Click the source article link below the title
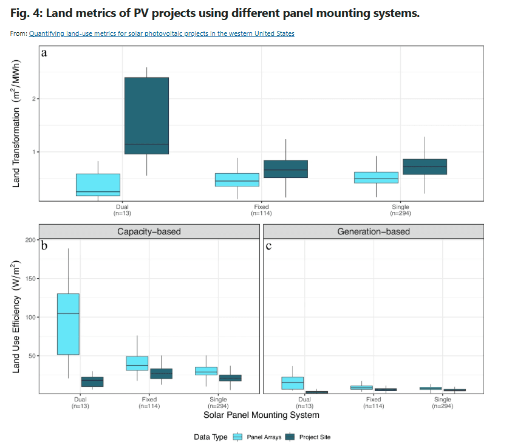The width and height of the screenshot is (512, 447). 162,34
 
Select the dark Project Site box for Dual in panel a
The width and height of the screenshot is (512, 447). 146,115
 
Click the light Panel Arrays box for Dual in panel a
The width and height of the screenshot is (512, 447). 98,185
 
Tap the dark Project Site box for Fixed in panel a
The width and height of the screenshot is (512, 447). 285,169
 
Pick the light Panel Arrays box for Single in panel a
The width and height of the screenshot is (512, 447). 376,177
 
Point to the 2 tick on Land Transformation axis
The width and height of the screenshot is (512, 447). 33,98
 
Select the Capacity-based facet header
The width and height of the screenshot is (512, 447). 149,231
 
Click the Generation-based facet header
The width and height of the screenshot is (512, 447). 373,231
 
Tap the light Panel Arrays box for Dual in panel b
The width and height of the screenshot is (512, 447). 68,324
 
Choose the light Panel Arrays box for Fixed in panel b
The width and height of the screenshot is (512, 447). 137,363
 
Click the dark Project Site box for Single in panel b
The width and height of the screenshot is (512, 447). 230,378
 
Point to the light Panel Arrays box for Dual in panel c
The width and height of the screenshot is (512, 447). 293,383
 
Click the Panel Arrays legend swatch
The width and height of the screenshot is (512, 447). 238,437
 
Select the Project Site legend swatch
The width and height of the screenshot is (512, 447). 290,437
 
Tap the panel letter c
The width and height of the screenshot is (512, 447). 268,247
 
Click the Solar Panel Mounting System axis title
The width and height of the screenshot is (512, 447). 261,415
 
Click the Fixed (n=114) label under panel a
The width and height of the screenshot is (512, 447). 261,210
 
